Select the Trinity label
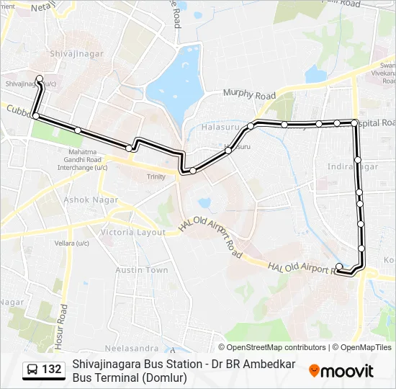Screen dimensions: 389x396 click(156, 176)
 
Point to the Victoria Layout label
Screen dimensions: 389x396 click(132, 233)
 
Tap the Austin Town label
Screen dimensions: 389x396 click(142, 270)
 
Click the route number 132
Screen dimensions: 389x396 click(52, 370)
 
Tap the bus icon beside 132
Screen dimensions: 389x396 click(32, 370)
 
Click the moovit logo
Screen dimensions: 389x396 click(341, 370)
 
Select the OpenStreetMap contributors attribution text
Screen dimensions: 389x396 click(276, 347)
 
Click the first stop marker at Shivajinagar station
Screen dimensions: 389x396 click(40, 79)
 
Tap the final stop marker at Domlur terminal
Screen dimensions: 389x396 click(339, 267)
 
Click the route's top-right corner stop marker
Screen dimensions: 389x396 click(354, 123)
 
